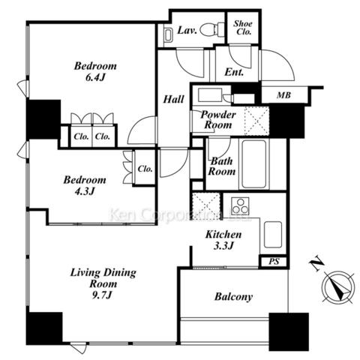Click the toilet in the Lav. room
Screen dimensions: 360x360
point(212,30)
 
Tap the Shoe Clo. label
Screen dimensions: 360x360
point(243,28)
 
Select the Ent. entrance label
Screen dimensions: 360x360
point(234,72)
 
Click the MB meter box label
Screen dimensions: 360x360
point(283,95)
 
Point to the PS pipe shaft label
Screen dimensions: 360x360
point(274,262)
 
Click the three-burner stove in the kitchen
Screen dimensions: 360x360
point(240,205)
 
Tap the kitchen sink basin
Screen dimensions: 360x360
point(273,235)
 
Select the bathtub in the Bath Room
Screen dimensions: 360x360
point(254,164)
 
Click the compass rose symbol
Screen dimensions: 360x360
point(338,288)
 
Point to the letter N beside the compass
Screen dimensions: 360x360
point(316,263)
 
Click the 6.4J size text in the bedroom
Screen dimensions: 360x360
point(95,77)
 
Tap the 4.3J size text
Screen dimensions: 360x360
point(85,191)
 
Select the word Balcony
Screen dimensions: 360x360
point(233,297)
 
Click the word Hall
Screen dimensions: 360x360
point(173,99)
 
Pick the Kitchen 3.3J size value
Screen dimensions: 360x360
point(223,246)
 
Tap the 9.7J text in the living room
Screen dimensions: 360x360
point(102,295)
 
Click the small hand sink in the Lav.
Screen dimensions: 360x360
point(169,34)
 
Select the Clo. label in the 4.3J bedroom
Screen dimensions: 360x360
point(145,169)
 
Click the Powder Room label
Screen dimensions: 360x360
point(218,120)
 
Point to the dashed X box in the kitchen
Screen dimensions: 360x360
point(205,206)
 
